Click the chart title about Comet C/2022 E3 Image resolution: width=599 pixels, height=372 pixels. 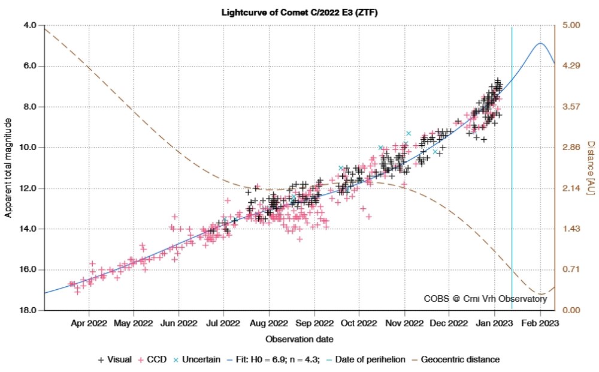299,13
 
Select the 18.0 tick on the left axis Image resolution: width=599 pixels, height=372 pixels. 28,310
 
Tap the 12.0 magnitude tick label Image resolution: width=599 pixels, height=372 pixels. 28,188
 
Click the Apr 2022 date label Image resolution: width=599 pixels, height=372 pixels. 89,323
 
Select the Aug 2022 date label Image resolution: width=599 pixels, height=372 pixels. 269,323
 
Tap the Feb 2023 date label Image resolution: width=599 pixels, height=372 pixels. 540,323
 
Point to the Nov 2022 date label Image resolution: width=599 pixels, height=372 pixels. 404,323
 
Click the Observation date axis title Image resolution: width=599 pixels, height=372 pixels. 299,339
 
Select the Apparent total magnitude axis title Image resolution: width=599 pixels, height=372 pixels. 8,168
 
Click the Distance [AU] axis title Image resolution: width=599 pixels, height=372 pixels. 589,168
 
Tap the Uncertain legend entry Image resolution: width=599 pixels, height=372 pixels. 192,359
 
